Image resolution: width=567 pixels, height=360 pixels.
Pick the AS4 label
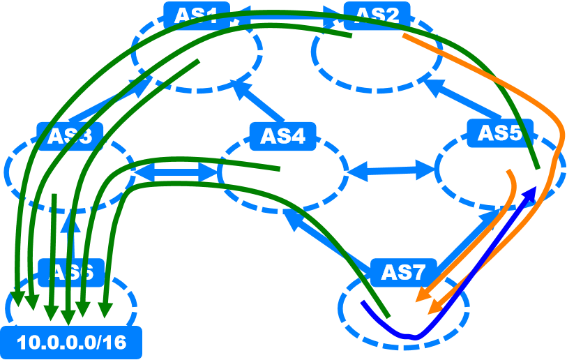click(283, 135)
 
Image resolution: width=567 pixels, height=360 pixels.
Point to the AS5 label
click(500, 133)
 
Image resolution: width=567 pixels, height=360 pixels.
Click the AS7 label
click(404, 272)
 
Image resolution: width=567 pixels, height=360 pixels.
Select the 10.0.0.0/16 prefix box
click(71, 343)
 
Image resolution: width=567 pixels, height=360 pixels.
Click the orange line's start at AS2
click(405, 36)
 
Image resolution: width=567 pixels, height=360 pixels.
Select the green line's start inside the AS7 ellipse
click(388, 317)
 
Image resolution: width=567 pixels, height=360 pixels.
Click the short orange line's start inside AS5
click(509, 171)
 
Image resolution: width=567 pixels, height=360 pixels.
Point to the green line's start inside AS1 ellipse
click(199, 61)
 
